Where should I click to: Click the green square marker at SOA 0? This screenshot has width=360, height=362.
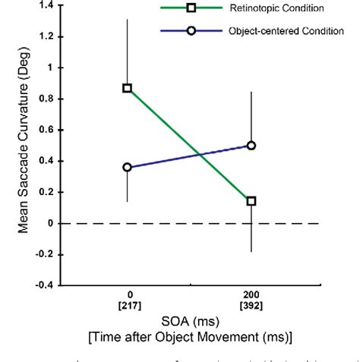click(x=128, y=88)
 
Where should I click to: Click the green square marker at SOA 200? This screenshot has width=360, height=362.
click(x=251, y=201)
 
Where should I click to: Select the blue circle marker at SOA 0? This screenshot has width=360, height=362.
click(x=128, y=167)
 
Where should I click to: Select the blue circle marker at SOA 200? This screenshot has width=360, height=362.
click(x=251, y=145)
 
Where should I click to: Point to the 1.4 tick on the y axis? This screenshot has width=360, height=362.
click(x=49, y=5)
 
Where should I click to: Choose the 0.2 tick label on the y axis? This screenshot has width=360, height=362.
click(x=49, y=192)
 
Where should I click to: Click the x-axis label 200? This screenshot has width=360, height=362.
click(x=251, y=294)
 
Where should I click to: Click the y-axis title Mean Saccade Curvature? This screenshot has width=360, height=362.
click(x=25, y=144)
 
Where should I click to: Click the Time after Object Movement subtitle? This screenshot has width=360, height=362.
click(x=189, y=336)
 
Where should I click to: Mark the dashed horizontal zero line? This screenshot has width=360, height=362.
click(x=190, y=223)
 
